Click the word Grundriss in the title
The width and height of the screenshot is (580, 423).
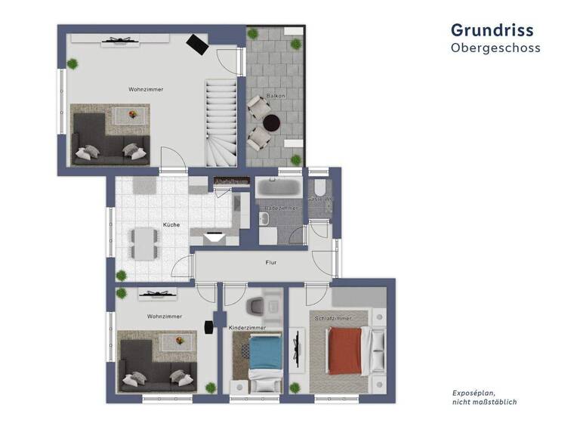pos(492,29)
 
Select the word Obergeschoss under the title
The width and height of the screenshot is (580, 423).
pos(495,48)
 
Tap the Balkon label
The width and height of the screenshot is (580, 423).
pos(274,96)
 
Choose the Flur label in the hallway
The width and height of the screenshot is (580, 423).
pos(270,263)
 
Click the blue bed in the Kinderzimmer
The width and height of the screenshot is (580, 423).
pos(265,354)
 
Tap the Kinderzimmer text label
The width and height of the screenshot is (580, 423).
pos(248,329)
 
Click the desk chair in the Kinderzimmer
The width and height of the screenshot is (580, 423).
pos(255,305)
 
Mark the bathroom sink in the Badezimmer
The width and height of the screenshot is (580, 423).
pos(264,218)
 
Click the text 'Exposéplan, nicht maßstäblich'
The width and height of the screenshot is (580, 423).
pos(484,397)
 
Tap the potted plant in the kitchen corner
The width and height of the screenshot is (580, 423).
pos(122,274)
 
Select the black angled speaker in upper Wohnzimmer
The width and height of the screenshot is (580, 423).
pos(198,45)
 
